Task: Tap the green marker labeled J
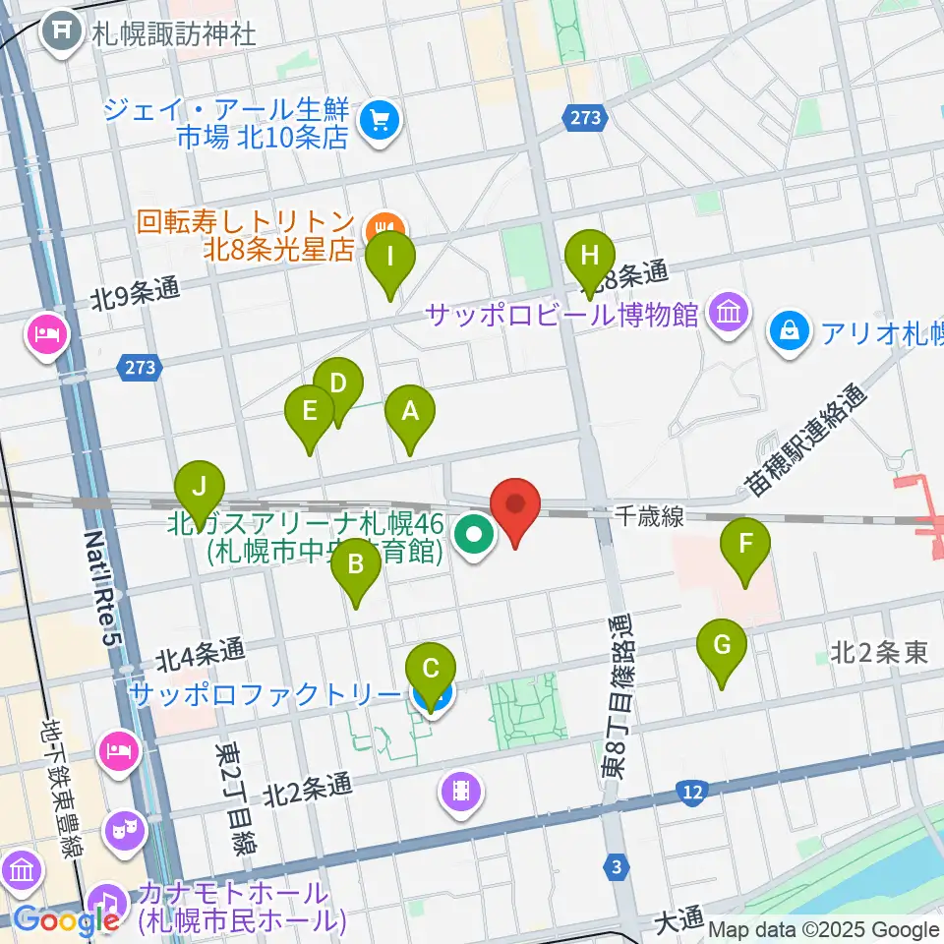200,487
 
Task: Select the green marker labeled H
589,257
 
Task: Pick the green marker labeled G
722,647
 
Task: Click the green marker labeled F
745,544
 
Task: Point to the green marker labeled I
390,259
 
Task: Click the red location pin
515,505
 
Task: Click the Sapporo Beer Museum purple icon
729,314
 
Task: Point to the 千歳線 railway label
650,515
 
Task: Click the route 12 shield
692,791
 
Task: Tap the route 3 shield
616,866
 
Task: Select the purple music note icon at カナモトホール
107,899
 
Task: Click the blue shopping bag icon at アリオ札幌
791,330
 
